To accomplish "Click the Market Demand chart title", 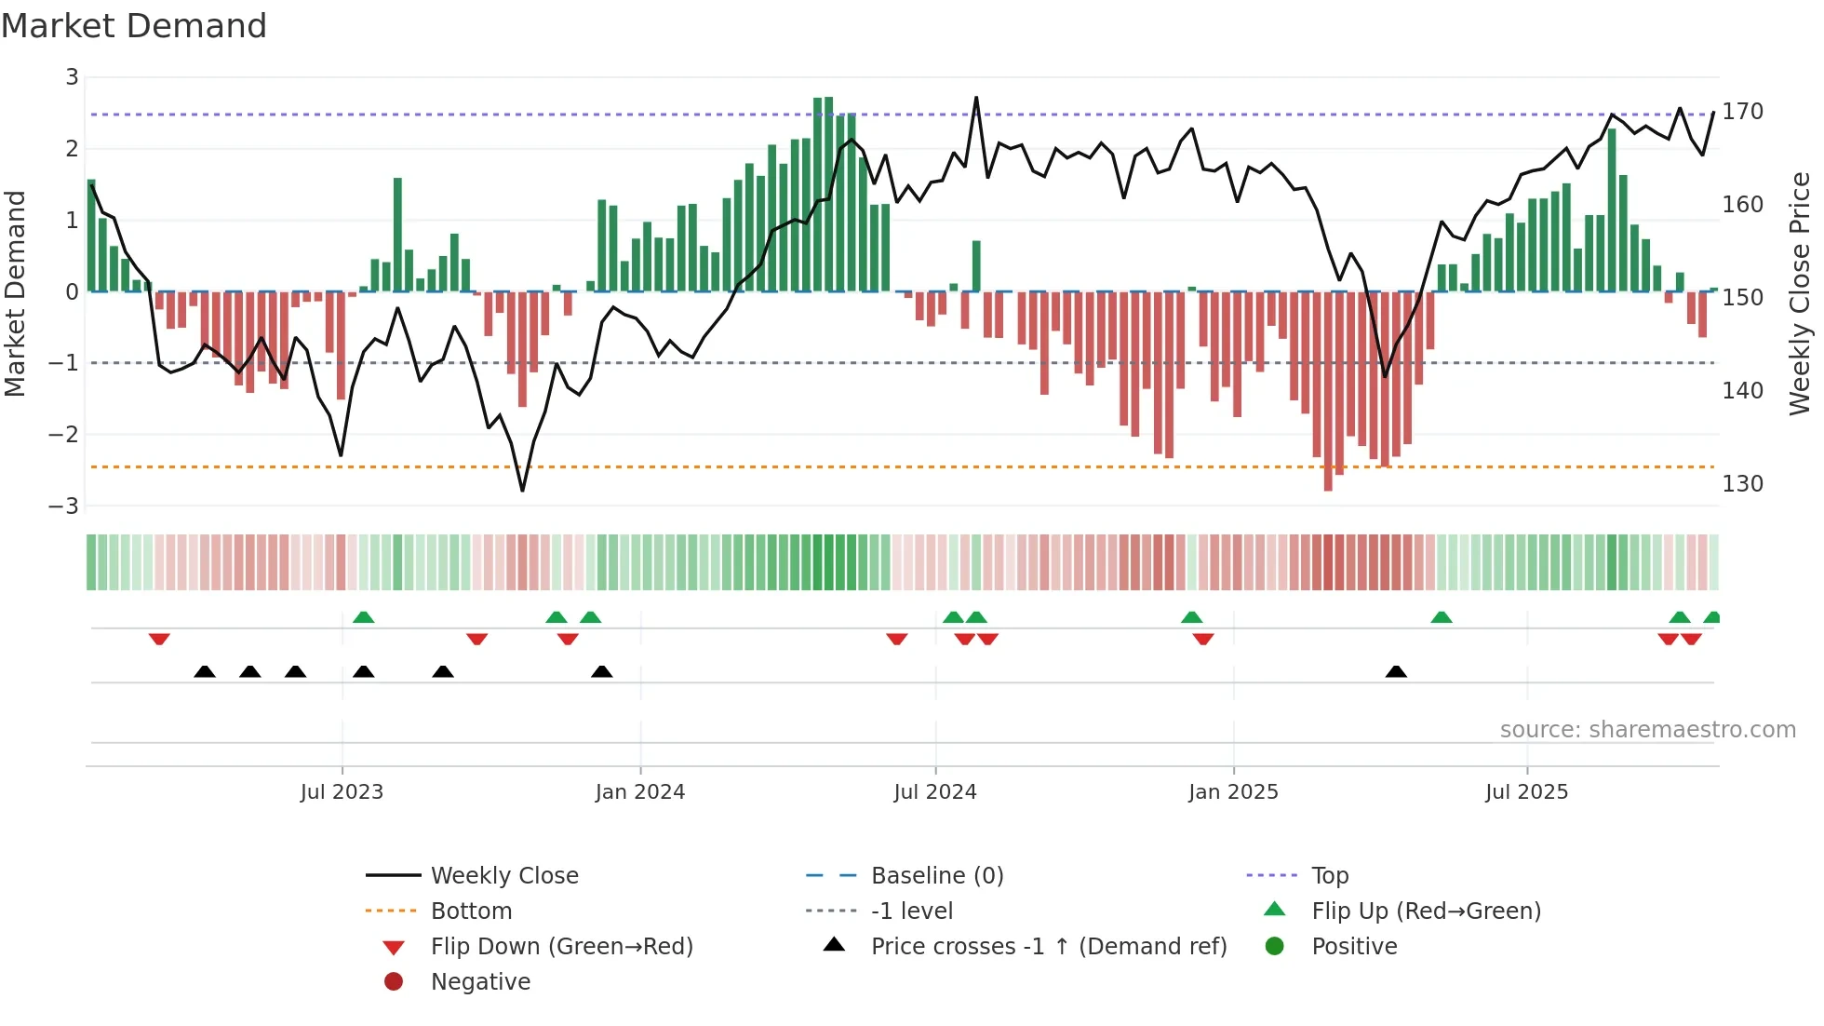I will [134, 25].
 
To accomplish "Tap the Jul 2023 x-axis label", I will [342, 792].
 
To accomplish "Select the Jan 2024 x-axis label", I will [640, 792].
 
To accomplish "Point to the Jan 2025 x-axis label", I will [1233, 792].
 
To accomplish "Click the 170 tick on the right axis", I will [1742, 112].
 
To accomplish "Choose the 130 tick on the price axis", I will [1742, 484].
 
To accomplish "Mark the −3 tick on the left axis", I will [64, 506].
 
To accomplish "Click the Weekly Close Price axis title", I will [1800, 293].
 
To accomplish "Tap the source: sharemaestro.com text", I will [1647, 730].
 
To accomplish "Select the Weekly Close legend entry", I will [503, 876].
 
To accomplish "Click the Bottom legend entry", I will [471, 911].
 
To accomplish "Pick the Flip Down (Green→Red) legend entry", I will [561, 947].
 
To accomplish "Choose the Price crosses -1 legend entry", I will [1048, 947].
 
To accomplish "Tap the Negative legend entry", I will [480, 982].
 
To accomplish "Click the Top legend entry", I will [1330, 876].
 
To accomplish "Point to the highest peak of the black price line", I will [976, 97].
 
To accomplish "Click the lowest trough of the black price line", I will [522, 490].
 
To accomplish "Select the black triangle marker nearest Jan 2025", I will [1396, 671].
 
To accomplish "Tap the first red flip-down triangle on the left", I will [159, 639].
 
